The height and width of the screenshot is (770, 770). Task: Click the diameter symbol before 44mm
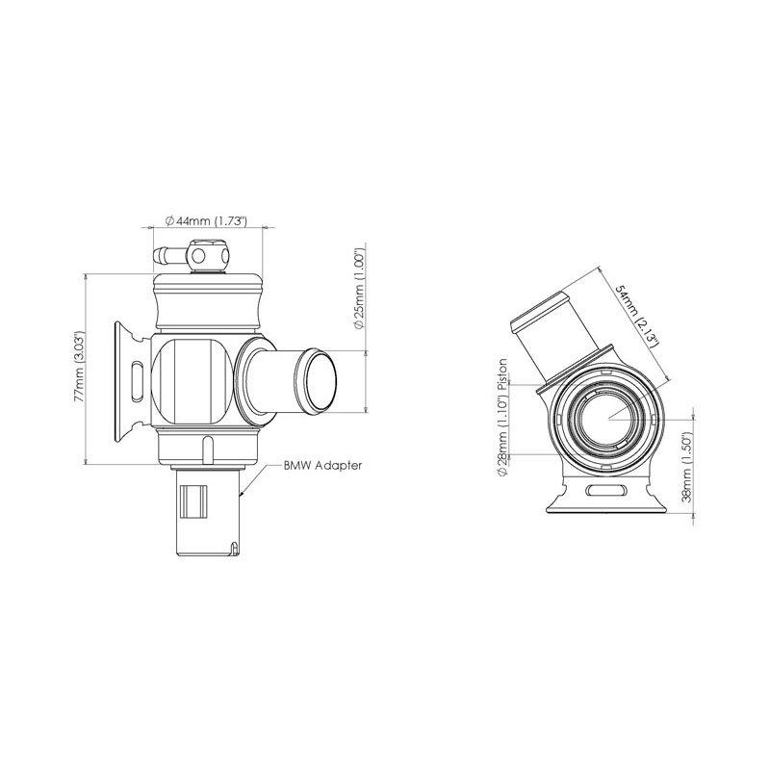pyautogui.click(x=169, y=221)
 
